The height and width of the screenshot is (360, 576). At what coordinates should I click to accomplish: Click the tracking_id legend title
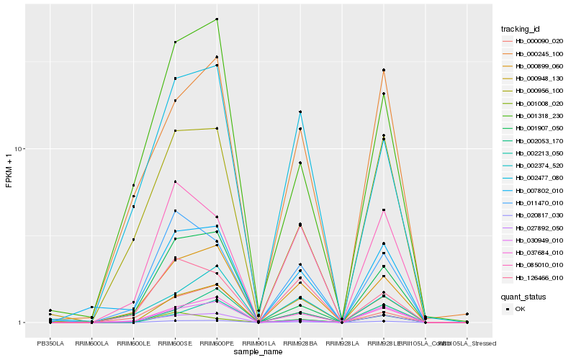[x=521, y=29]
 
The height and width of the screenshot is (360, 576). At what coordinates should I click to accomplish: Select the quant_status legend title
[x=523, y=296]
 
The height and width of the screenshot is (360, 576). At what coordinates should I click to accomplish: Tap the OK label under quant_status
[x=520, y=309]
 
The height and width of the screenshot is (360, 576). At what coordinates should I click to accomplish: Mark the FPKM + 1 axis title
[x=9, y=171]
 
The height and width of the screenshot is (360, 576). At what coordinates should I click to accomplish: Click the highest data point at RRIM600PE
[x=217, y=19]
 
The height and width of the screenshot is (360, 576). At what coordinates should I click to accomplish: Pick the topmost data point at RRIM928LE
[x=384, y=70]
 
